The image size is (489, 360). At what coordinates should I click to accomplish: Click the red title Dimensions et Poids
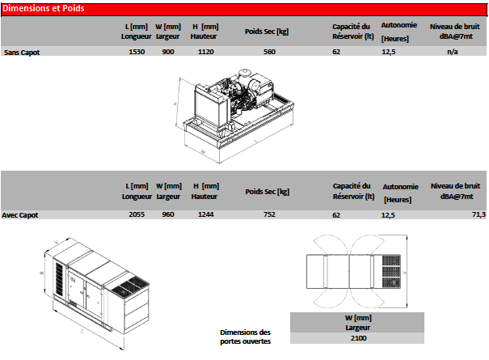pyautogui.click(x=44, y=8)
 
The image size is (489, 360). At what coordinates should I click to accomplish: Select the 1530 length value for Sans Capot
pyautogui.click(x=137, y=52)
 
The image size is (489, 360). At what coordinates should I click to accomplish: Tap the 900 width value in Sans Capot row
pyautogui.click(x=168, y=52)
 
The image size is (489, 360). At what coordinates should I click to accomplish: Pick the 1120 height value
pyautogui.click(x=206, y=52)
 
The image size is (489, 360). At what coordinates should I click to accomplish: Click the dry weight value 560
pyautogui.click(x=269, y=52)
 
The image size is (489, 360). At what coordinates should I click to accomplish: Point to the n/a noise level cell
pyautogui.click(x=453, y=52)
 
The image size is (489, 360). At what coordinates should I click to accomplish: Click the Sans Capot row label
pyautogui.click(x=22, y=53)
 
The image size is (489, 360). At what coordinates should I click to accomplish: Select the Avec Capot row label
pyautogui.click(x=20, y=215)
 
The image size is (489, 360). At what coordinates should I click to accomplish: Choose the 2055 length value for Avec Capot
pyautogui.click(x=137, y=214)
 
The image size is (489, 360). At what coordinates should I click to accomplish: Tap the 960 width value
pyautogui.click(x=168, y=214)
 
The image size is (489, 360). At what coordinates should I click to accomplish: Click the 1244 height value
pyautogui.click(x=206, y=214)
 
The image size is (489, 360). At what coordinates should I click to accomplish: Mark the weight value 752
pyautogui.click(x=269, y=214)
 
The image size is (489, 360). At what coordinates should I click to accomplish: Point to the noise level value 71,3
pyautogui.click(x=478, y=214)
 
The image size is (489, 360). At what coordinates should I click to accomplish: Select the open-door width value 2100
pyautogui.click(x=359, y=338)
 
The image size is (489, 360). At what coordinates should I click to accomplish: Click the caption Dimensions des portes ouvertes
pyautogui.click(x=246, y=337)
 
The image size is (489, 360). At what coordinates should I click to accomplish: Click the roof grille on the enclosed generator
pyautogui.click(x=130, y=287)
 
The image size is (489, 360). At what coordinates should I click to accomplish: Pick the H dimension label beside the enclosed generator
pyautogui.click(x=41, y=273)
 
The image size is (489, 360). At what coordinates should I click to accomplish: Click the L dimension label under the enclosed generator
pyautogui.click(x=82, y=331)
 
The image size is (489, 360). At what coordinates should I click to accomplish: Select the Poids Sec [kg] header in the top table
pyautogui.click(x=267, y=32)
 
